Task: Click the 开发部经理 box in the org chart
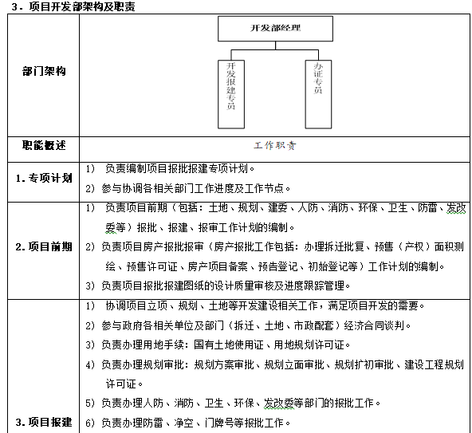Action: [264, 28]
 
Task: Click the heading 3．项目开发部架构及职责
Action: [69, 7]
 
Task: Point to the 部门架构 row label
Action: [44, 72]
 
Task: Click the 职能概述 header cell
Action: [44, 146]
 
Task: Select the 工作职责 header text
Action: [275, 147]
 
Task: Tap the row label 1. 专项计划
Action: [44, 178]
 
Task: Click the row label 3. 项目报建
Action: [44, 422]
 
